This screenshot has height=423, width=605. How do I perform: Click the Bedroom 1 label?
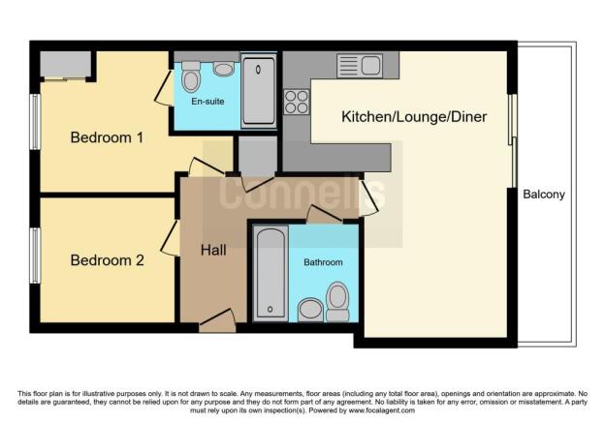click(x=107, y=137)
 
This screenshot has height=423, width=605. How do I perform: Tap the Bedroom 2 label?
click(x=107, y=259)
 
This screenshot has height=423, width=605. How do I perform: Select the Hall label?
click(x=213, y=250)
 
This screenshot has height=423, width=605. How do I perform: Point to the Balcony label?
click(x=544, y=195)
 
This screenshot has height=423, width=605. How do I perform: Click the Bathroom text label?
click(x=323, y=262)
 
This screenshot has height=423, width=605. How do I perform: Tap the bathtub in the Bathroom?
click(x=271, y=274)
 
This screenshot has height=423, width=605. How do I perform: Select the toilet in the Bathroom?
click(x=337, y=300)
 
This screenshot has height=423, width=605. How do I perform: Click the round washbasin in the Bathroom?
click(x=311, y=309)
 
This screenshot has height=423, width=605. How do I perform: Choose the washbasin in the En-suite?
click(x=224, y=68)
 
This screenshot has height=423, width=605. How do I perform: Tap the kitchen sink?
click(x=361, y=66)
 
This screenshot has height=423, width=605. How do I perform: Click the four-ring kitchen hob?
click(x=296, y=101)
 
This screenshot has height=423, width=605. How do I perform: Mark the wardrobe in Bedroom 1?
click(x=67, y=66)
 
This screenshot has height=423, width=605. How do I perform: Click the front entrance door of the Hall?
click(x=216, y=320)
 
